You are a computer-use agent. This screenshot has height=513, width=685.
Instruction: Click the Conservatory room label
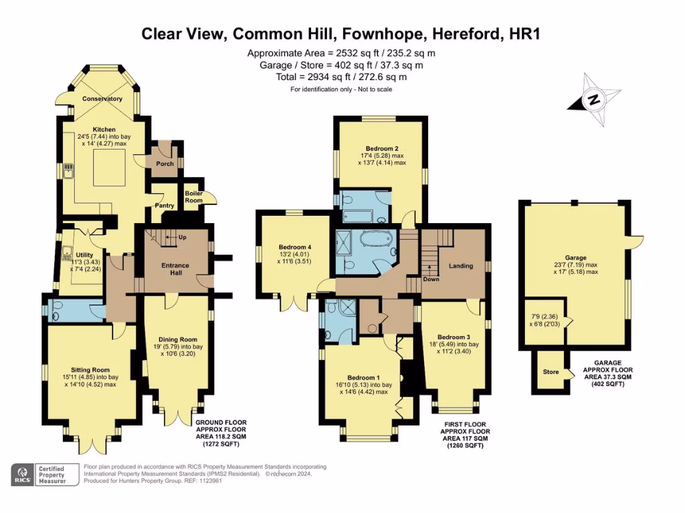102,99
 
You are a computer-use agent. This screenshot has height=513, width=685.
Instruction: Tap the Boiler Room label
193,196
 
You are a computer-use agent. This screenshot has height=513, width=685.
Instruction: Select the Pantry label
164,206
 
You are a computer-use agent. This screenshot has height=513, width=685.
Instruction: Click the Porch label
165,164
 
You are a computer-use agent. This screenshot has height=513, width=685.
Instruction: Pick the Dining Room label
178,340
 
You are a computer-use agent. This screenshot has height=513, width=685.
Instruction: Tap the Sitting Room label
90,369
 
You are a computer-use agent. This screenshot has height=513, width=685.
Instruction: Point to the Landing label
460,266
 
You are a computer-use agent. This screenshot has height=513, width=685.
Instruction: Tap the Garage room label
575,258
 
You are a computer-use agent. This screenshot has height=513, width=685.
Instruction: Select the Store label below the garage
551,372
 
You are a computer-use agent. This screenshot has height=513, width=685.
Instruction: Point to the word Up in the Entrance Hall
182,237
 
